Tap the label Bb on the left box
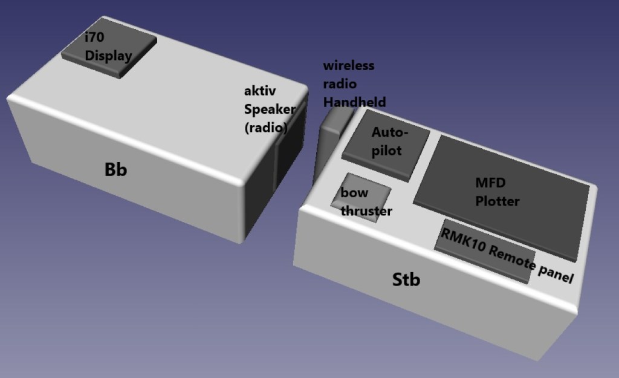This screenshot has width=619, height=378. pyautogui.click(x=115, y=170)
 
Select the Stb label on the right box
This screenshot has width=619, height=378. pyautogui.click(x=406, y=280)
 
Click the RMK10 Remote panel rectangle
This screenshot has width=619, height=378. pyautogui.click(x=484, y=249)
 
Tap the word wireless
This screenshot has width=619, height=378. pyautogui.click(x=349, y=65)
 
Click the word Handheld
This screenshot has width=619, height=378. pyautogui.click(x=354, y=102)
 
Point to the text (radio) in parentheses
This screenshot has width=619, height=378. pyautogui.click(x=266, y=128)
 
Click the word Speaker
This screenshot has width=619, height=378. pyautogui.click(x=270, y=109)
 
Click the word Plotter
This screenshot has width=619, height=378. pyautogui.click(x=497, y=201)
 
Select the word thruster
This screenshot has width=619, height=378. pyautogui.click(x=366, y=211)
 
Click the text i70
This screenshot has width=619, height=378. pyautogui.click(x=95, y=37)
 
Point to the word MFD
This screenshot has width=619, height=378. pyautogui.click(x=489, y=183)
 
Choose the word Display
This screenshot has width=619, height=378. pyautogui.click(x=108, y=56)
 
